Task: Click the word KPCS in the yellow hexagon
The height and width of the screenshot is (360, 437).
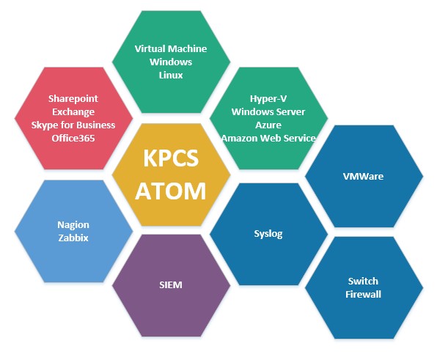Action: click(x=171, y=158)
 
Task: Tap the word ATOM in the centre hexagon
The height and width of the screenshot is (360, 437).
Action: click(x=171, y=191)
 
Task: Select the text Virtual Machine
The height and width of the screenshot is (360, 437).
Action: click(x=171, y=49)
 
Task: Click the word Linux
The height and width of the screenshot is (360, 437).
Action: click(x=171, y=75)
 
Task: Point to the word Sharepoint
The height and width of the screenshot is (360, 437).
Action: click(x=73, y=99)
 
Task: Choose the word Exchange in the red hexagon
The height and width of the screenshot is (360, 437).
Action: click(x=73, y=111)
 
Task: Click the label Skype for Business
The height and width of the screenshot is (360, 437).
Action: click(x=73, y=125)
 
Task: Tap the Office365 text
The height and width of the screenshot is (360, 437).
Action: click(x=73, y=138)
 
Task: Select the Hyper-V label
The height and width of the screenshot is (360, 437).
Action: click(x=268, y=99)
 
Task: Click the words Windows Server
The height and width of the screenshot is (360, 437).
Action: click(x=268, y=111)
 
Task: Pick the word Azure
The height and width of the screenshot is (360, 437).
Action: click(x=268, y=125)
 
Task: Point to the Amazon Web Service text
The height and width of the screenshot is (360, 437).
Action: click(x=268, y=138)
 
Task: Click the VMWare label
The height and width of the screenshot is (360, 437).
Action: click(x=363, y=177)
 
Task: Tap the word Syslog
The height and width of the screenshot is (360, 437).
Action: click(x=268, y=234)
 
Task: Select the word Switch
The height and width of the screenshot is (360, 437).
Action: click(x=363, y=281)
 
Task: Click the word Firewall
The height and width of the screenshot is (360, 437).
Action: click(x=363, y=294)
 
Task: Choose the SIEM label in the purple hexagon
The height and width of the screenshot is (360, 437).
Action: click(x=171, y=284)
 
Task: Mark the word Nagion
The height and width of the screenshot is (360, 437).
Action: click(x=73, y=225)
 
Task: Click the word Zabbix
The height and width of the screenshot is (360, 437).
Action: click(x=73, y=238)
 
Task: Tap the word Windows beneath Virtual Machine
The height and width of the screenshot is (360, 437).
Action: click(x=171, y=62)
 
